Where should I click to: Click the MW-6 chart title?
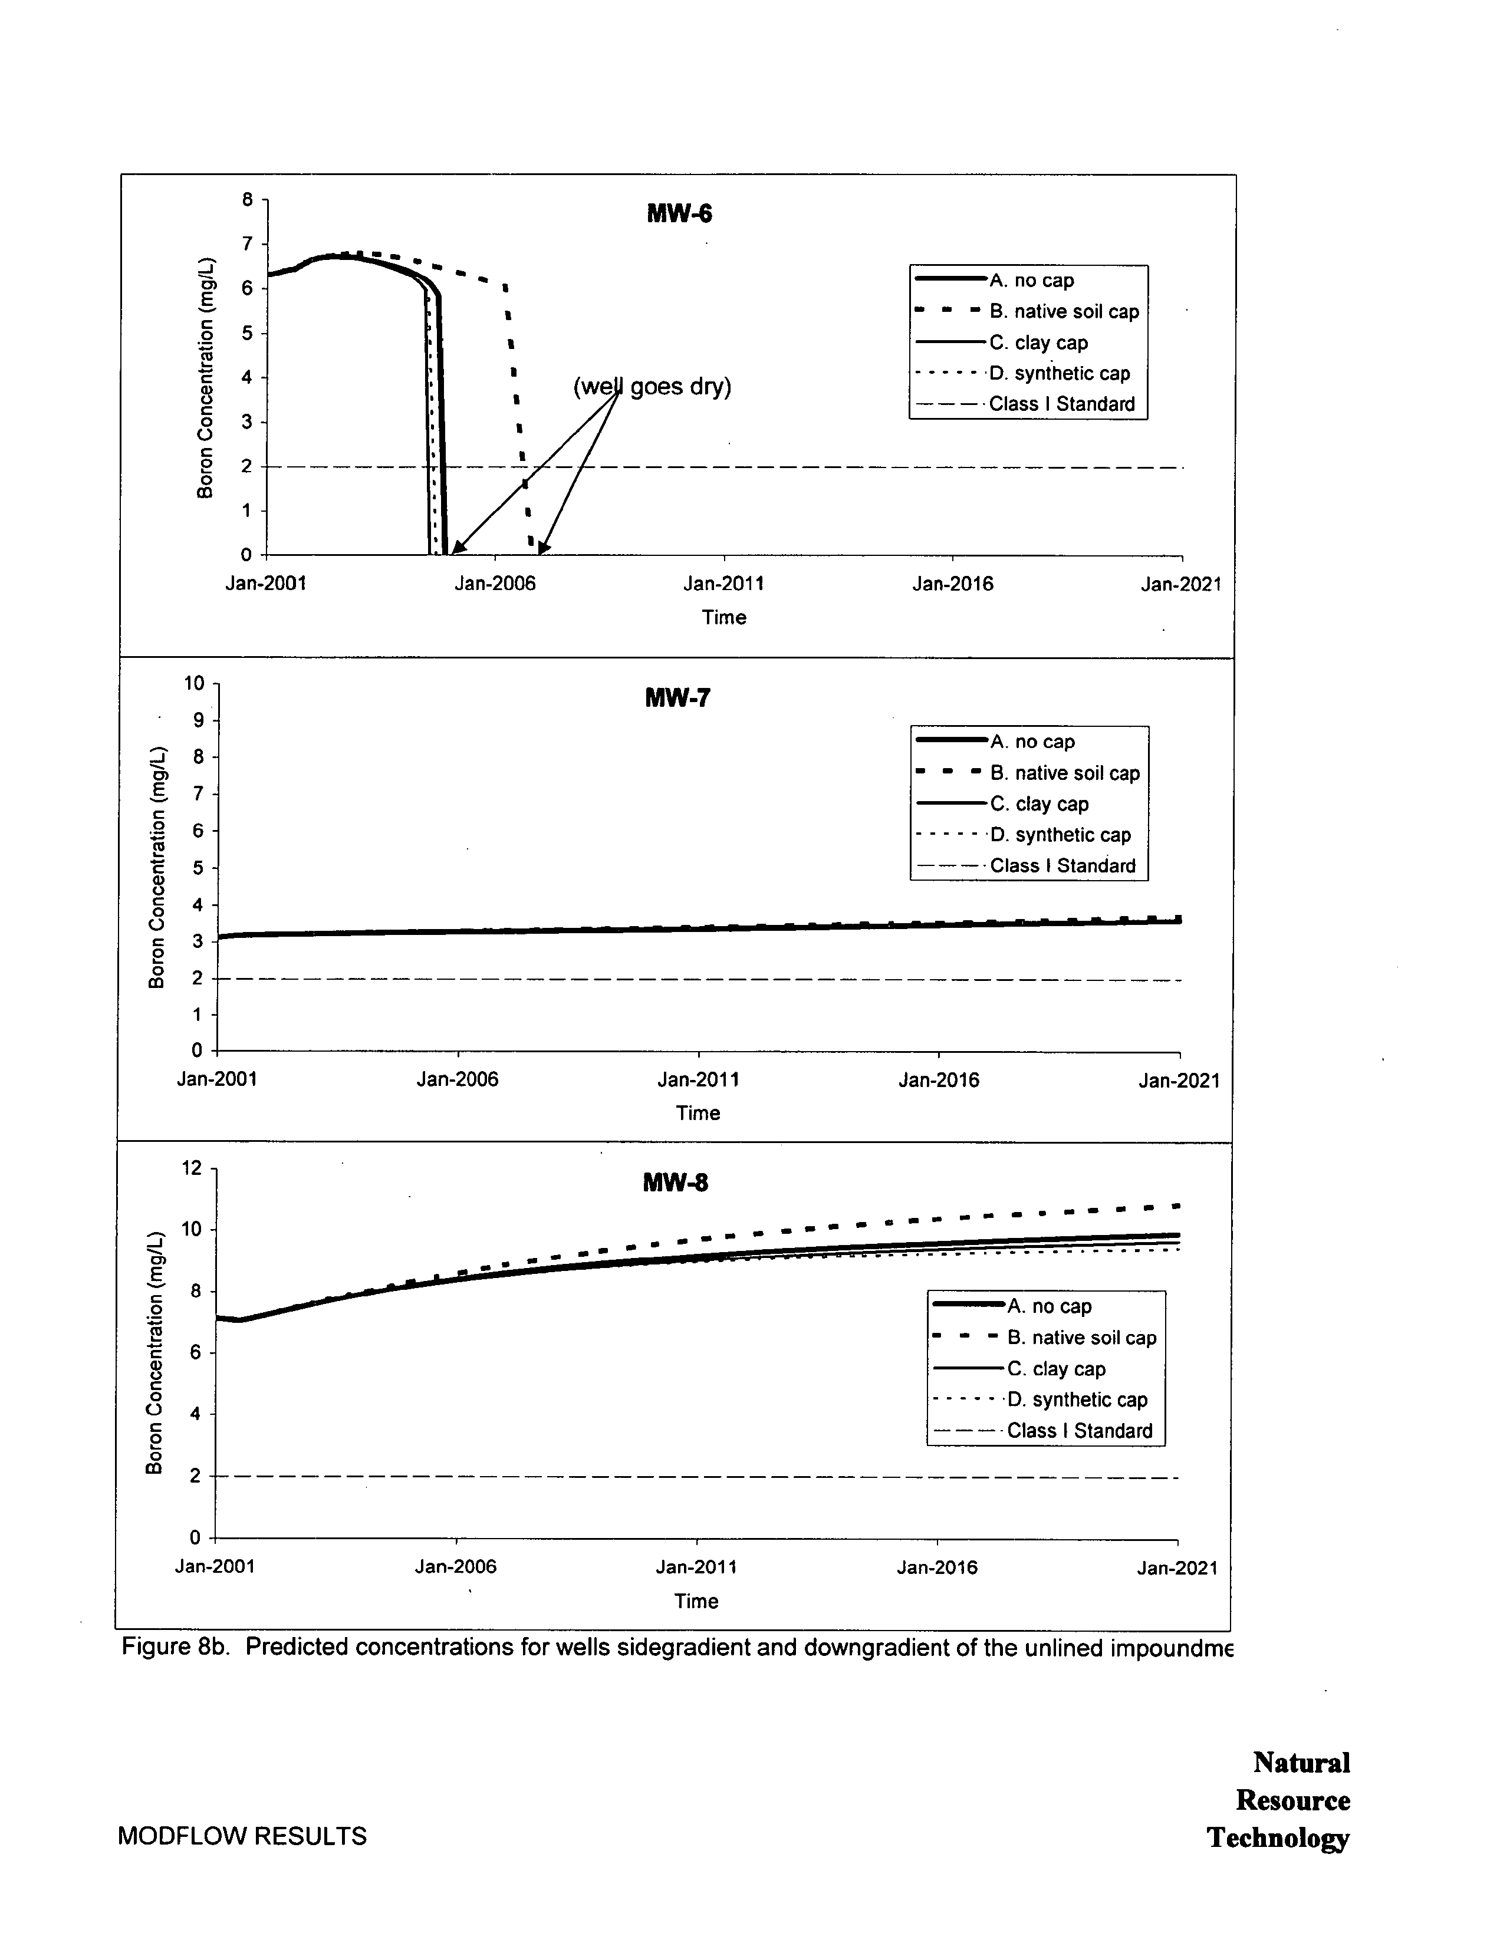click(679, 213)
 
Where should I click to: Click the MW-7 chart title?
click(677, 697)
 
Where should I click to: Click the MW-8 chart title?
click(675, 1183)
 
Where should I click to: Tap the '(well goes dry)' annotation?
click(652, 387)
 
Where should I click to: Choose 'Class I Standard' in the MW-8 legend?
click(1078, 1431)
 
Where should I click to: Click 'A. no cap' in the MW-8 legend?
click(1049, 1306)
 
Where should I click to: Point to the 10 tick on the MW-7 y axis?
click(194, 683)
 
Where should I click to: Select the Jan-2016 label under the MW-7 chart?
click(939, 1080)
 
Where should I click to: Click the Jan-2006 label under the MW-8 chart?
click(456, 1567)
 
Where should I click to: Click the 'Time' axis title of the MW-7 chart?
click(698, 1113)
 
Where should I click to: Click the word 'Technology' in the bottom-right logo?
click(1278, 1838)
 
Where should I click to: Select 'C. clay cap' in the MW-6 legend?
click(1038, 343)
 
